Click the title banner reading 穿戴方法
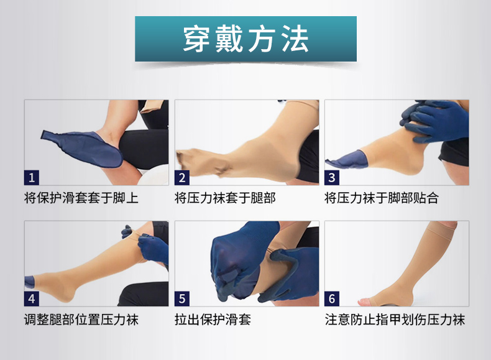coord(245,39)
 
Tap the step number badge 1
coord(32,178)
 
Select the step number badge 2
coord(182,178)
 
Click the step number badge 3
coord(332,178)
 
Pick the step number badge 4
coord(32,298)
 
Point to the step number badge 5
coord(182,298)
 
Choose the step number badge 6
coord(332,298)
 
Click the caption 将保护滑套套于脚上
coord(81,198)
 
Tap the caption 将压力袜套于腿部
coord(225,198)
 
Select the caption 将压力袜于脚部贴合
coord(382,198)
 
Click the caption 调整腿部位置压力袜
coord(81,320)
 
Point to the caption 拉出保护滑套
coord(213,320)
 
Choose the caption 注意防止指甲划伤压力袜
coord(395,320)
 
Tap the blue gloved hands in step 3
coord(434,121)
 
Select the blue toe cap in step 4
coord(29,282)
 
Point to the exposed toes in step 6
coord(366,302)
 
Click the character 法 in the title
coord(295,39)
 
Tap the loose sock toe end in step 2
coord(188,160)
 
